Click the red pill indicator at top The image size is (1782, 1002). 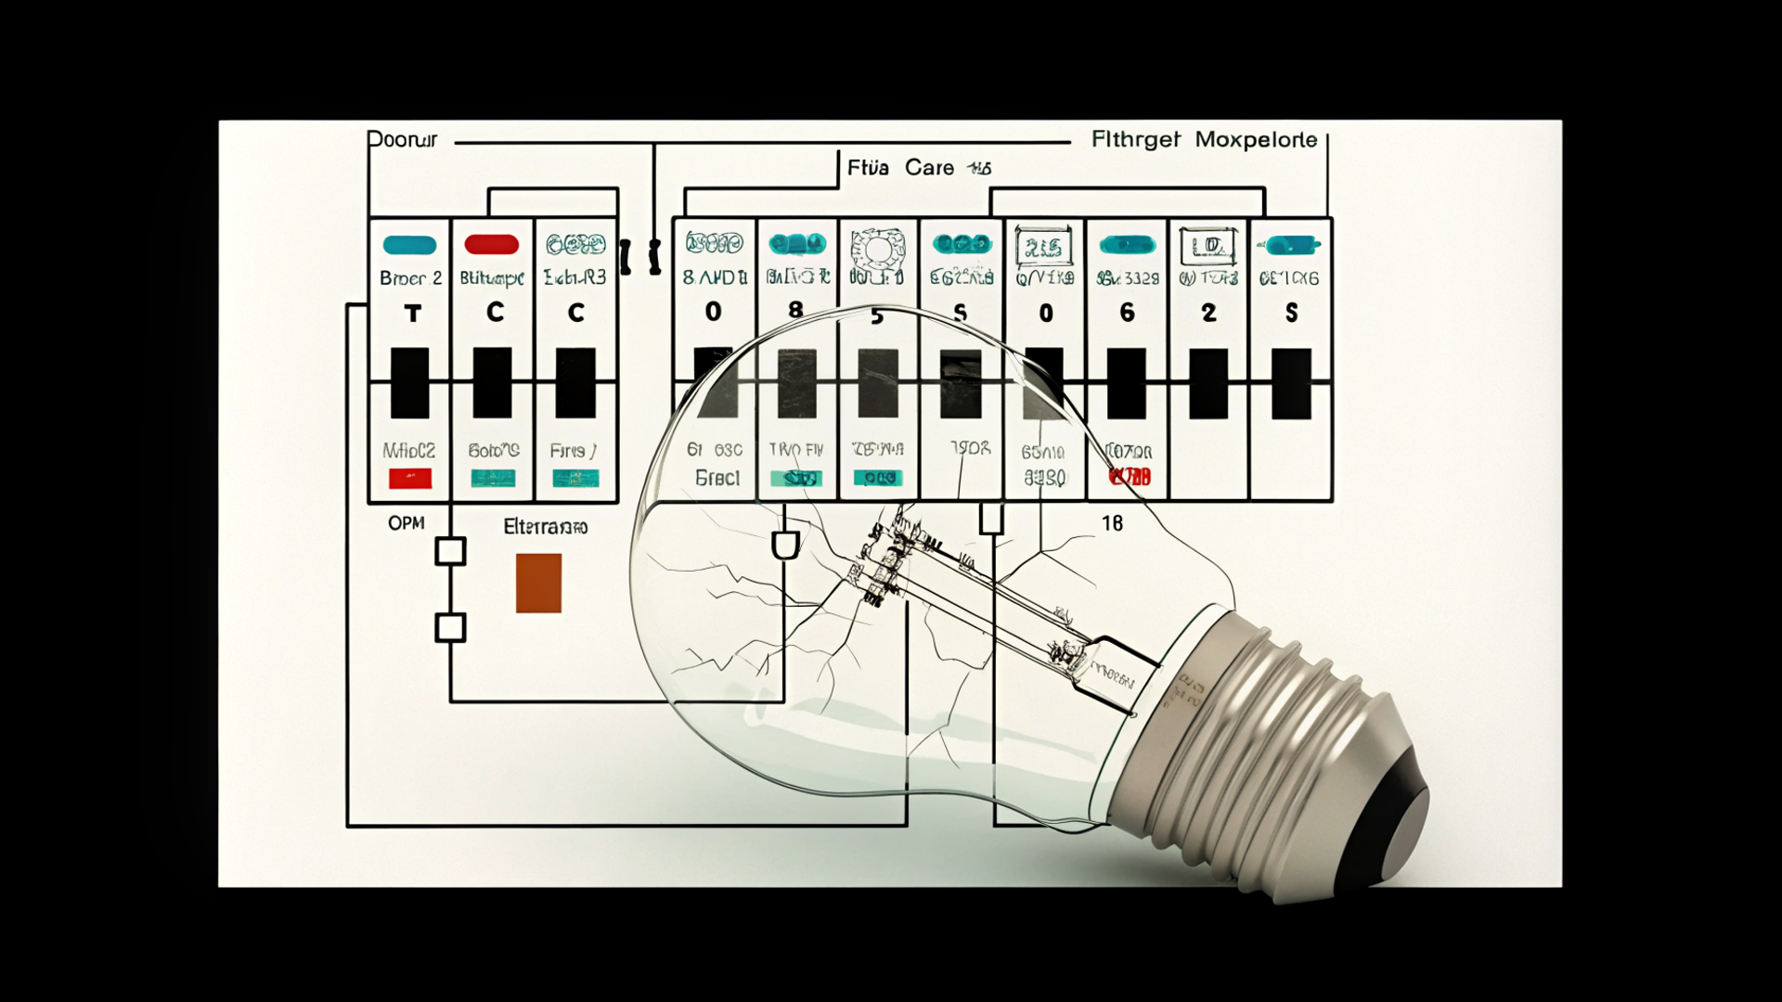(491, 245)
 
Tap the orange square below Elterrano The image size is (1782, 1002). (538, 583)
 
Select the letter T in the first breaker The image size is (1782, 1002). (412, 314)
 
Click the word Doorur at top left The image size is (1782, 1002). (402, 140)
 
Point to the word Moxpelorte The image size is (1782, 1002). (1256, 140)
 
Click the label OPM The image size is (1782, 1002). (406, 523)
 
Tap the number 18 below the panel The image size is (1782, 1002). (1112, 524)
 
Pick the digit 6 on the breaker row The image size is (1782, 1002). (1127, 313)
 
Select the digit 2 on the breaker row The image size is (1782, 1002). (1208, 313)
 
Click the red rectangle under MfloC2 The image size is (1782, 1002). (409, 479)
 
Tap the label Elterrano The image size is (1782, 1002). (545, 527)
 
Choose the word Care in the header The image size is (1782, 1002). (929, 168)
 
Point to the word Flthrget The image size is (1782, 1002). (1135, 140)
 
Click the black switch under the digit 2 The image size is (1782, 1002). (1208, 383)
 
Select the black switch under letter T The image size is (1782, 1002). (409, 383)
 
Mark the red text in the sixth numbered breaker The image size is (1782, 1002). (1130, 477)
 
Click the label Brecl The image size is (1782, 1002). (717, 478)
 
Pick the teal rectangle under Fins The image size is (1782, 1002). (575, 479)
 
